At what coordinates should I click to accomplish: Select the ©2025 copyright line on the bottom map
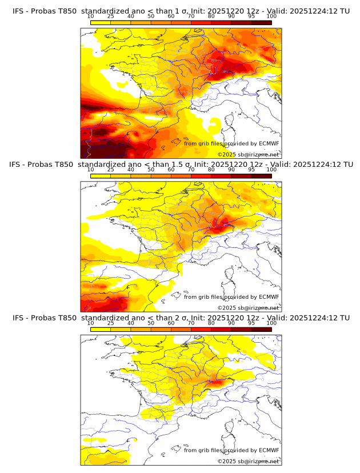(249, 461)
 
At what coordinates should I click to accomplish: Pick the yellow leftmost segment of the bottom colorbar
(100, 329)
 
